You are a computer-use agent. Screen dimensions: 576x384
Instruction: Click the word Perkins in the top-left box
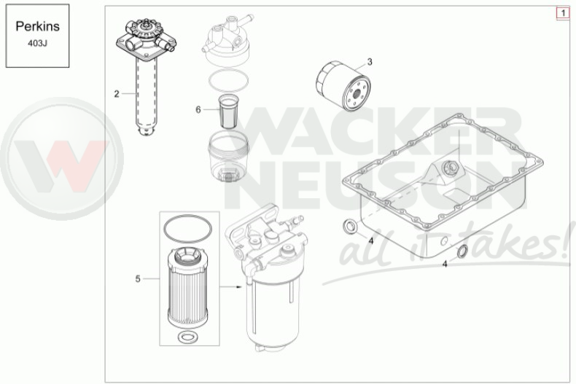(x=37, y=26)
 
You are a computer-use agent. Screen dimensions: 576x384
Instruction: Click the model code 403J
(x=37, y=43)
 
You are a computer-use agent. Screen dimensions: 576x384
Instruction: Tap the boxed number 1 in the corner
(x=563, y=13)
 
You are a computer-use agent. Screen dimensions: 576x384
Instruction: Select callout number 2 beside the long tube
(x=117, y=94)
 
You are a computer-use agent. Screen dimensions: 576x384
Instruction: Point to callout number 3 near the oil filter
(x=370, y=62)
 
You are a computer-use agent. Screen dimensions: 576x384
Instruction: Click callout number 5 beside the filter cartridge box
(x=138, y=279)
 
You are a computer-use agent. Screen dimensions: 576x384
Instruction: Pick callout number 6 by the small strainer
(x=198, y=110)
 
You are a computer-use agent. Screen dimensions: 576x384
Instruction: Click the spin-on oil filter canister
(x=343, y=86)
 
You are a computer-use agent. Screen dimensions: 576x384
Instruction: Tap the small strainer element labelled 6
(x=228, y=111)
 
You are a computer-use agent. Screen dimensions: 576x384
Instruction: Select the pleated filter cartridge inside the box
(x=187, y=287)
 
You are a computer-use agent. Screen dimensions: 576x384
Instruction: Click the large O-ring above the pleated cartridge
(x=187, y=230)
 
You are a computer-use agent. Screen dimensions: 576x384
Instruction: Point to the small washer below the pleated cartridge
(x=187, y=337)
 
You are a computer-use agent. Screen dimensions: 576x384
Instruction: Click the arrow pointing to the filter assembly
(x=230, y=286)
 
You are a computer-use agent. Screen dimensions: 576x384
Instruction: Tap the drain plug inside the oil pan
(x=451, y=168)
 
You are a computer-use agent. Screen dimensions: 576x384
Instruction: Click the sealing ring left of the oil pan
(x=349, y=227)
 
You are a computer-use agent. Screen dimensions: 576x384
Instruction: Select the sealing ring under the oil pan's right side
(x=462, y=251)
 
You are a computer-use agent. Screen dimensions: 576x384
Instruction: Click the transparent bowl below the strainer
(x=228, y=157)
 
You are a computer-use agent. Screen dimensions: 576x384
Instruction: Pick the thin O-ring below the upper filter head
(x=228, y=80)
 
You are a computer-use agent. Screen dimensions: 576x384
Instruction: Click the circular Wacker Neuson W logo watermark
(x=62, y=159)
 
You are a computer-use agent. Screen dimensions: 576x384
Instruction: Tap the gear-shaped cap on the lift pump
(x=147, y=28)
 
